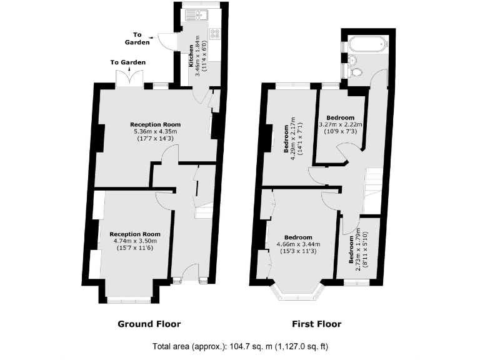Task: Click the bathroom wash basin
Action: coord(351,60)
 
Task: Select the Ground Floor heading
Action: coord(149,324)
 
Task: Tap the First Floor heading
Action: coord(316,324)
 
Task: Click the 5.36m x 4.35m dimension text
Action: coord(156,131)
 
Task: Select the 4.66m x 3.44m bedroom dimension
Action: coord(298,244)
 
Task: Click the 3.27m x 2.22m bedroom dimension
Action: coord(341,124)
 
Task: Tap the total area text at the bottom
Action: coord(240,346)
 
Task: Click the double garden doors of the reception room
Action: coord(128,78)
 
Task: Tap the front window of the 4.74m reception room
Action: coord(128,300)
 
